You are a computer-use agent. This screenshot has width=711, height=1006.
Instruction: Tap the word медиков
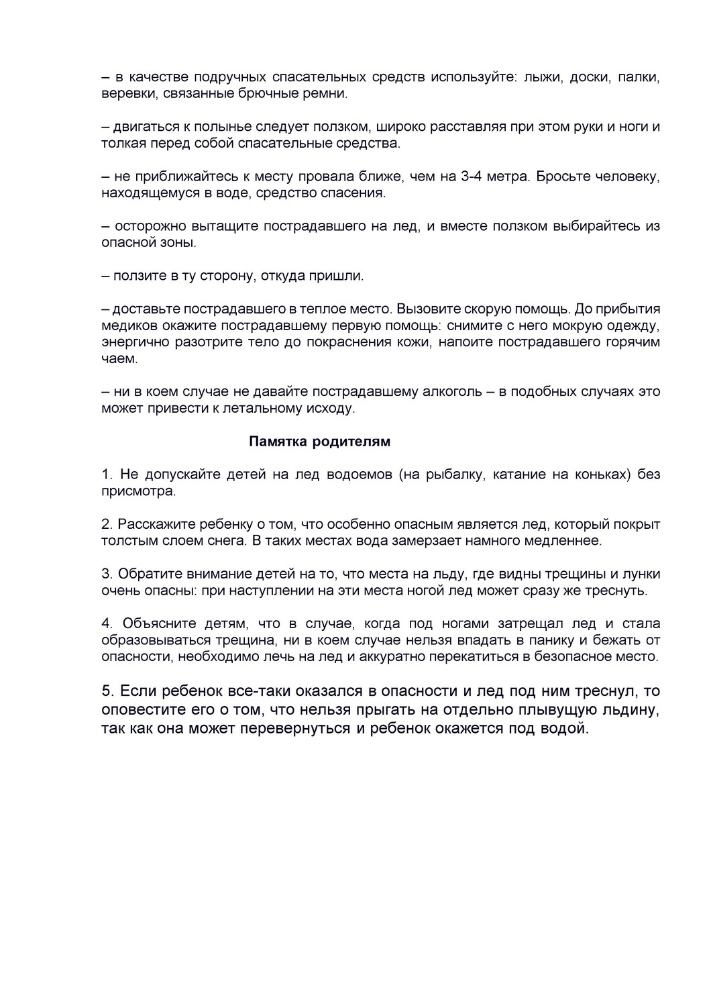coord(127,326)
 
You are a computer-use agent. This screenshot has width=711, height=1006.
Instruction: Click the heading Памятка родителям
coord(319,442)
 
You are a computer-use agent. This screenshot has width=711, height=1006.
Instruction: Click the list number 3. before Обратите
coord(107,574)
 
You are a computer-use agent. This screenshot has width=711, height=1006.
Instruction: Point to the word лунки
coord(642,574)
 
